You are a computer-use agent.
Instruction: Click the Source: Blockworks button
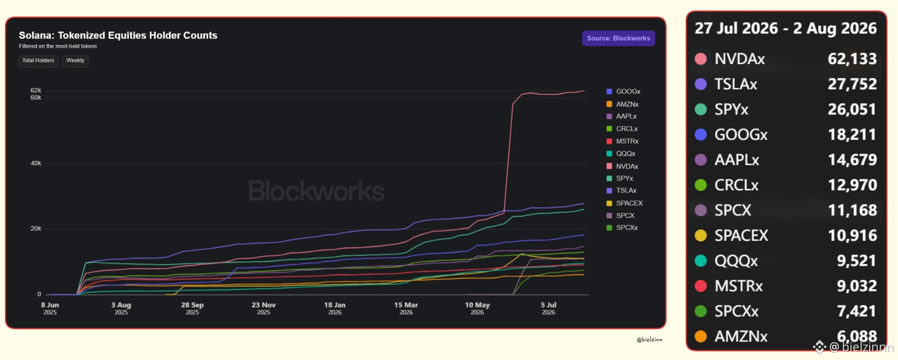618,38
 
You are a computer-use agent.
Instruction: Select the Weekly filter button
75,61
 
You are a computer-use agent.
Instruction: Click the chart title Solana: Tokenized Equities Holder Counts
118,35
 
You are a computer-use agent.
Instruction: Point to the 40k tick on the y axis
36,163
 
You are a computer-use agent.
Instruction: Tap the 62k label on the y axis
36,91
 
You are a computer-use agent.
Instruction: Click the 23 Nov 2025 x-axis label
264,308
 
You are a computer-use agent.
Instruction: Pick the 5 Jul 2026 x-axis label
549,308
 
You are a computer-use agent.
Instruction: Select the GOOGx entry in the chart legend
624,92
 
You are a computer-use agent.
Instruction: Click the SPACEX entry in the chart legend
625,203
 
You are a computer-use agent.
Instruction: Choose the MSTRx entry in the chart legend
623,141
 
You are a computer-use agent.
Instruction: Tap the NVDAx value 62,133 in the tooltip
852,59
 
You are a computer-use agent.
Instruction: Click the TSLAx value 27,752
852,84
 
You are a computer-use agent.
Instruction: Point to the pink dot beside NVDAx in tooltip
701,59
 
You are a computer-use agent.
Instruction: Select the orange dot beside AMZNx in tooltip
701,336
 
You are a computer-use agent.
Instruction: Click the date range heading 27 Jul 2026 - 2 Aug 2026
786,28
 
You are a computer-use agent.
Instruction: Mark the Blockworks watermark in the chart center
316,191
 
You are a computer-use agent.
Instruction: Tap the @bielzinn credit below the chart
649,340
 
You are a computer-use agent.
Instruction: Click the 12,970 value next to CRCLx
852,185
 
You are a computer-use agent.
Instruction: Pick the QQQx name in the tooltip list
736,261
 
